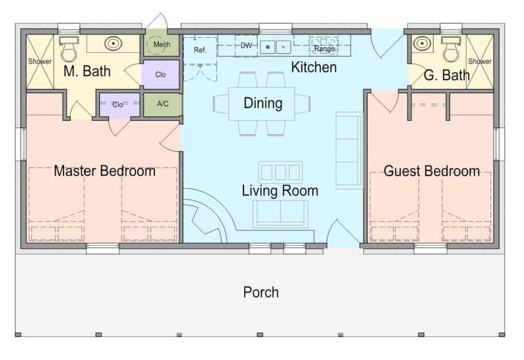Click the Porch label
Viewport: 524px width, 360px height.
coord(261,292)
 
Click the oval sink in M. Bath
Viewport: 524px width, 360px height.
coord(112,44)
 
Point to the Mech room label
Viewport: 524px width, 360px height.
coord(162,45)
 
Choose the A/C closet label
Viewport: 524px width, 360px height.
coord(163,103)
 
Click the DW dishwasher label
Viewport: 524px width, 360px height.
coord(247,46)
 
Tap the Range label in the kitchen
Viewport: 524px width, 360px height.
coord(324,49)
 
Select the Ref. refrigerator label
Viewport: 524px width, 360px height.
coord(200,50)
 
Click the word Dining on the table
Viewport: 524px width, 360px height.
coord(263,103)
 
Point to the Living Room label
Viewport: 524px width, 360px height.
coord(280,191)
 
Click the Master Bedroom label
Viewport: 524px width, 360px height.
coord(104,171)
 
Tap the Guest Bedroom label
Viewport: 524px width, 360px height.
coord(431,171)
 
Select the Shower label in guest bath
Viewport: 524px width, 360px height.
coord(480,62)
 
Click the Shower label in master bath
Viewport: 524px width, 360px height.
coord(40,62)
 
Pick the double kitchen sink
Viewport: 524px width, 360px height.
coord(275,47)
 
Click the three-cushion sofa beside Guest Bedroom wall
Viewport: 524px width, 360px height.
coord(349,150)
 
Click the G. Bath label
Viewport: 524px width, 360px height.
coord(446,75)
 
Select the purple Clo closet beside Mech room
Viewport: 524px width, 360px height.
coord(160,75)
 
